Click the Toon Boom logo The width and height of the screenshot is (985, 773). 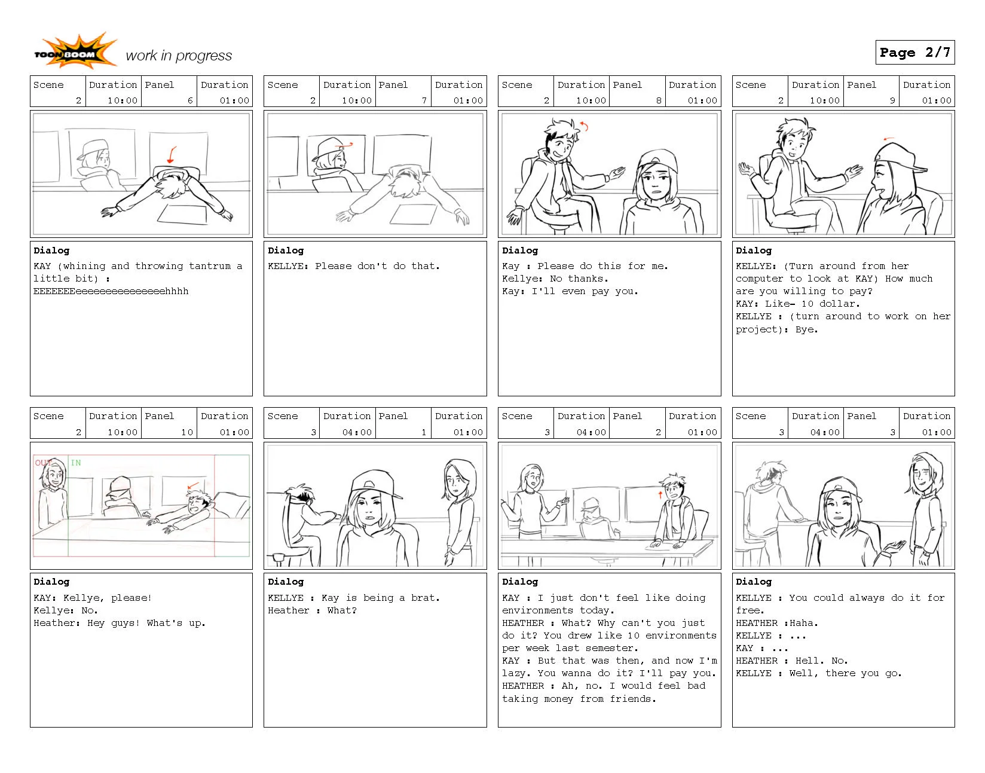point(75,53)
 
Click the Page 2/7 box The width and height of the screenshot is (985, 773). point(914,53)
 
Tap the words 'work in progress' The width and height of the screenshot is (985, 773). point(179,56)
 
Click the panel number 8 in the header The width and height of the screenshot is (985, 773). point(659,100)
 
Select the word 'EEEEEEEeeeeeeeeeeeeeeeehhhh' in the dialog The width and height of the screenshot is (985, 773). point(111,291)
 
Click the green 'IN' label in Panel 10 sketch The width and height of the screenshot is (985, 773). point(76,463)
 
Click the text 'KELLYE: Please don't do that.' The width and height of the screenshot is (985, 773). point(353,266)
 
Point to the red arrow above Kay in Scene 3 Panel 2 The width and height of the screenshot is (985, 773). point(660,494)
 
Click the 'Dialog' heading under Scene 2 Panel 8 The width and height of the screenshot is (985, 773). point(519,250)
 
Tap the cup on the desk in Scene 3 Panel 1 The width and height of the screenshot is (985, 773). point(278,558)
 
